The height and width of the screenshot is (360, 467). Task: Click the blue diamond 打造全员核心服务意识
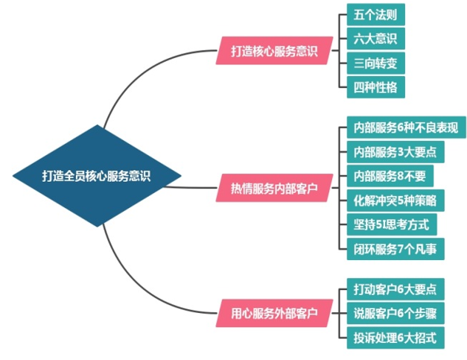point(97,177)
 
